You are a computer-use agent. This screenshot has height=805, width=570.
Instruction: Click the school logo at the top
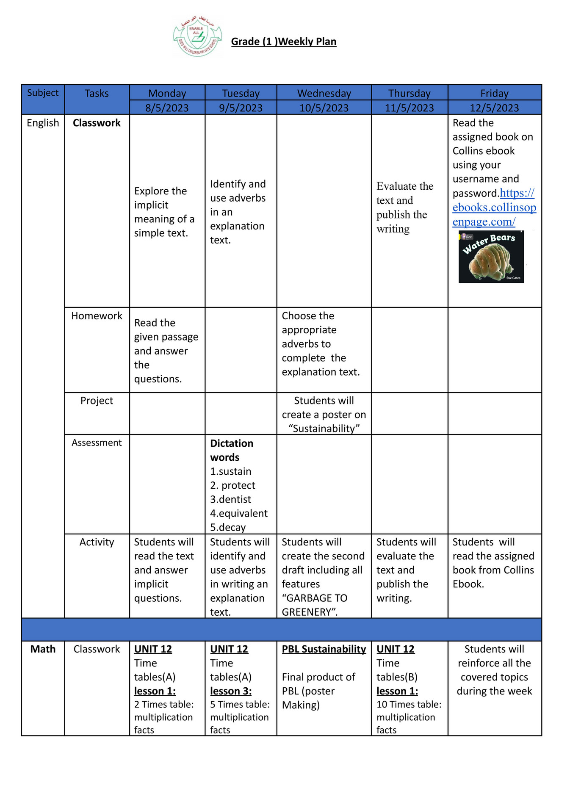click(x=197, y=36)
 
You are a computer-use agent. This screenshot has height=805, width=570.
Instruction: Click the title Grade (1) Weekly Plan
click(x=283, y=41)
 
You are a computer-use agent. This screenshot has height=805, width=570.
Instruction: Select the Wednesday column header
click(x=324, y=93)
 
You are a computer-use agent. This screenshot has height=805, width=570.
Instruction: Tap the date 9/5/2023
click(x=241, y=108)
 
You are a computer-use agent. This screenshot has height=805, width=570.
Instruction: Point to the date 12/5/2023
click(x=494, y=108)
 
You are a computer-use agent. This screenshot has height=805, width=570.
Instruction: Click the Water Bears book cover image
click(x=491, y=257)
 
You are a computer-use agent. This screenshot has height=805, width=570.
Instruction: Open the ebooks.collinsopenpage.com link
click(x=494, y=207)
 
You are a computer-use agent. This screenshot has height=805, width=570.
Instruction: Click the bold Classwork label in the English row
click(x=97, y=123)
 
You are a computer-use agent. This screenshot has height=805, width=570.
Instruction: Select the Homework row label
click(x=97, y=316)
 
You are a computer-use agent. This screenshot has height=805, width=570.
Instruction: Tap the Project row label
click(x=97, y=401)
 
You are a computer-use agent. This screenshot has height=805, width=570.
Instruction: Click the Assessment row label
click(x=97, y=443)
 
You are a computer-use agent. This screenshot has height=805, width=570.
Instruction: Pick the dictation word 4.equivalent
click(x=239, y=513)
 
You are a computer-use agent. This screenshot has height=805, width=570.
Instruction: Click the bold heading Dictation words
click(x=231, y=450)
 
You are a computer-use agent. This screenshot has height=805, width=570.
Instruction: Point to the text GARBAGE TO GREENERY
click(x=314, y=605)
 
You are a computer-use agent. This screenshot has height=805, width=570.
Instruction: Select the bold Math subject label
click(x=43, y=649)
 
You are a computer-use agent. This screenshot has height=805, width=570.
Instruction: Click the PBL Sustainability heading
click(x=324, y=649)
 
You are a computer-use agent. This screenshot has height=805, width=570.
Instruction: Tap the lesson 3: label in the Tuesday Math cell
click(x=231, y=691)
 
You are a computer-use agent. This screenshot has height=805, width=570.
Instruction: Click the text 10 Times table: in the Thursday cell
click(x=409, y=704)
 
